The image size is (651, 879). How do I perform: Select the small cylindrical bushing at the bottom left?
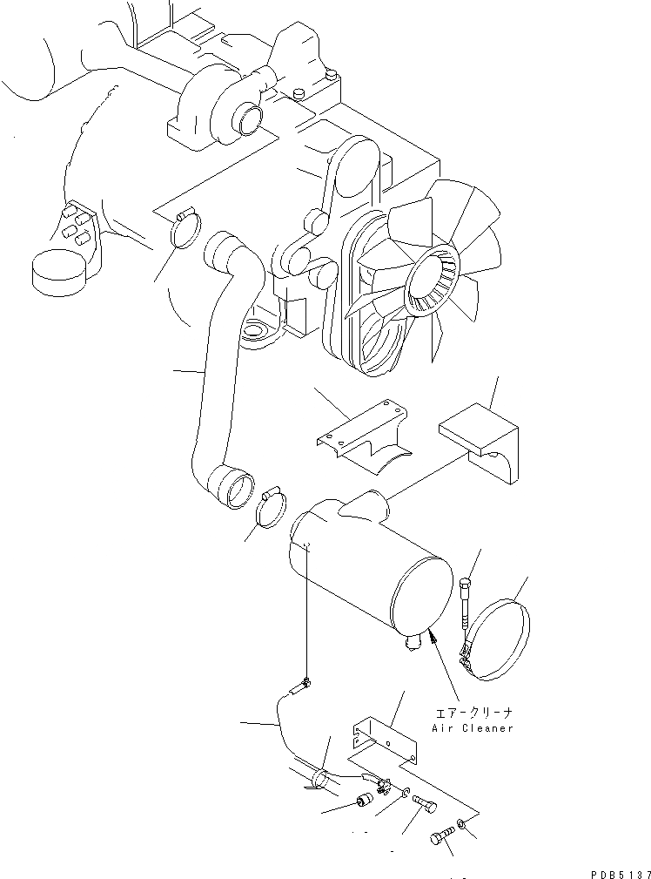366,798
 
